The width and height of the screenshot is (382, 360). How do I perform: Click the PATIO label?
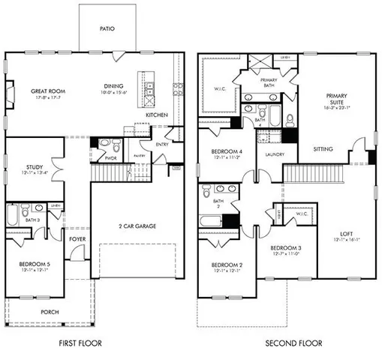(x=107, y=29)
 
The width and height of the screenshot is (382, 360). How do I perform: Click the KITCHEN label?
(x=156, y=115)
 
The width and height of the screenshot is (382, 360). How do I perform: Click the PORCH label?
(x=50, y=311)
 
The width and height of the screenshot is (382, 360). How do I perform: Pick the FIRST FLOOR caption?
(x=80, y=343)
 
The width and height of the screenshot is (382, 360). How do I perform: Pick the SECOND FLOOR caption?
(x=293, y=343)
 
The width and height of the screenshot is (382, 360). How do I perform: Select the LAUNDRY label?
(x=269, y=155)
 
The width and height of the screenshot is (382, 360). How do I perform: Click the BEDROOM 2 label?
(x=226, y=265)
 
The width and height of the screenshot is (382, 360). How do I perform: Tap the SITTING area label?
(x=323, y=148)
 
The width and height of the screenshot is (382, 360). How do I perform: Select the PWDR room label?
(x=110, y=158)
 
